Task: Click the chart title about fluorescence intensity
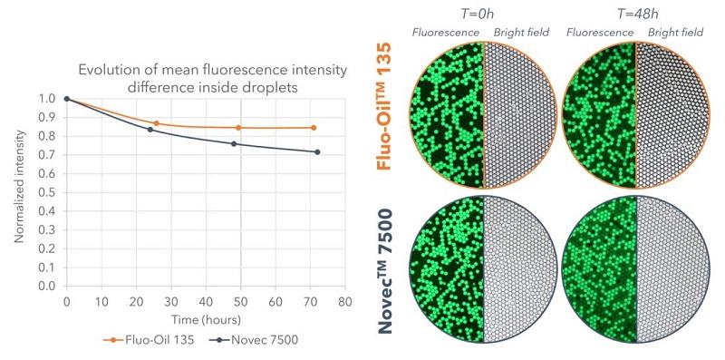[x=204, y=78]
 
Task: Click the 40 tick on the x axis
[x=205, y=299]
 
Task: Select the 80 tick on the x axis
[x=343, y=299]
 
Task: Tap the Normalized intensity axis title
[x=19, y=192]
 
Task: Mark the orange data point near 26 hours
[x=156, y=123]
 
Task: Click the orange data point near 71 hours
[x=314, y=128]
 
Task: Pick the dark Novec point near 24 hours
[x=150, y=130]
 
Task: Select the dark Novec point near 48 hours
[x=234, y=144]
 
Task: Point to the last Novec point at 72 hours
[x=317, y=152]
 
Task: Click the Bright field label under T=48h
[x=676, y=33]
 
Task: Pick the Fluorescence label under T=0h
[x=447, y=33]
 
